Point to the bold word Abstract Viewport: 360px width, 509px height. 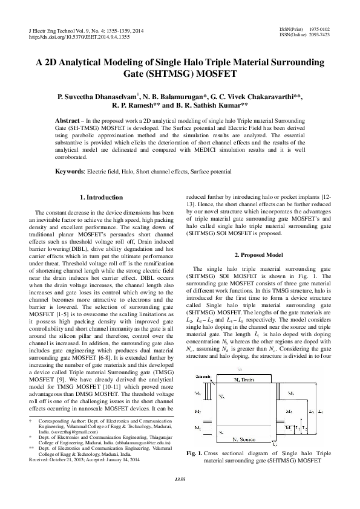(x=68, y=121)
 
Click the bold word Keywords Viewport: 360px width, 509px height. (x=70, y=172)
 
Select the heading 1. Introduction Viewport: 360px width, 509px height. (x=101, y=198)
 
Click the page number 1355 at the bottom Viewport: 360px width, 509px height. (x=180, y=496)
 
